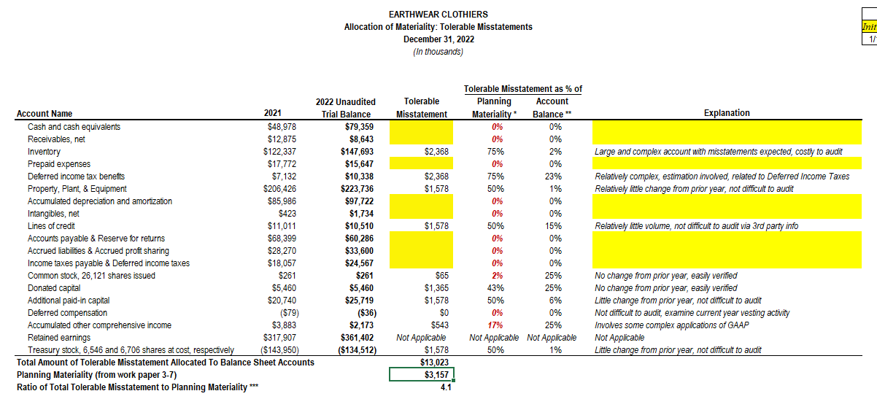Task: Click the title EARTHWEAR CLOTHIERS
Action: pos(438,15)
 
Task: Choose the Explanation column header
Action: pos(726,113)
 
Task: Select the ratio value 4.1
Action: pos(446,387)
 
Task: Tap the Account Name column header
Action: pos(44,114)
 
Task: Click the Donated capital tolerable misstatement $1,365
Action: pos(436,288)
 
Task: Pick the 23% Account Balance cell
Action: pos(555,177)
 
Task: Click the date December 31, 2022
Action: pos(438,39)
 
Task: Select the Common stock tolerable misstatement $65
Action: pos(441,276)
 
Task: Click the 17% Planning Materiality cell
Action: pos(497,325)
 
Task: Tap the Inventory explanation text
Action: pos(718,152)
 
